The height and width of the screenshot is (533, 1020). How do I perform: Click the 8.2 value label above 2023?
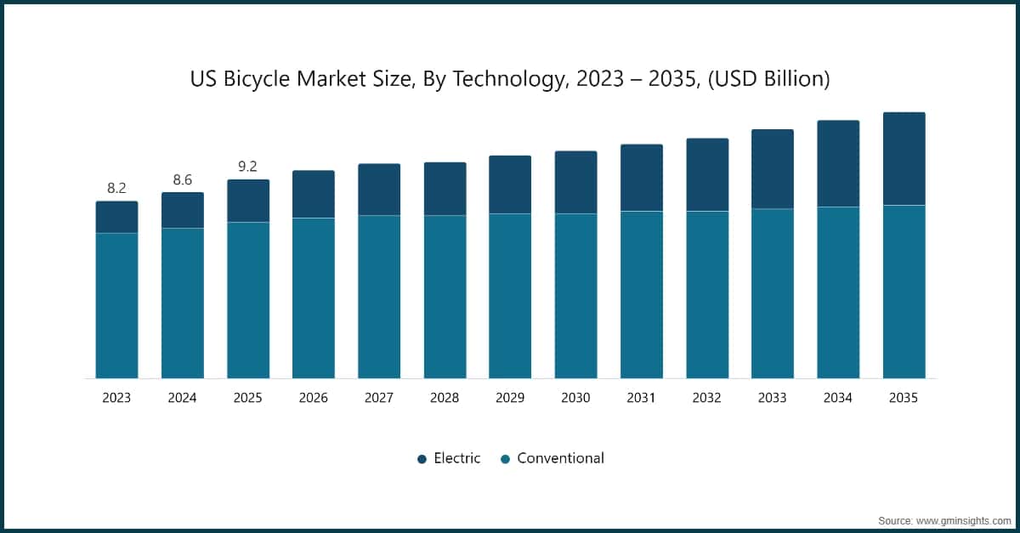tap(116, 188)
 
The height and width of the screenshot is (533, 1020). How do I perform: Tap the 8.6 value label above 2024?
tap(183, 179)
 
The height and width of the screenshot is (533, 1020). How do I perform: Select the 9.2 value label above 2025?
tap(247, 167)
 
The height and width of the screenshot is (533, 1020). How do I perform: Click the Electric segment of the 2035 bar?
tap(904, 159)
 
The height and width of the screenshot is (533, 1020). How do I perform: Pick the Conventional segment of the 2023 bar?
tap(116, 305)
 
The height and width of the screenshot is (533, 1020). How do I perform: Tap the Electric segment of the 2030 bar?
tap(575, 183)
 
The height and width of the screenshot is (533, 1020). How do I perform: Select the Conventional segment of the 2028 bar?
tap(445, 297)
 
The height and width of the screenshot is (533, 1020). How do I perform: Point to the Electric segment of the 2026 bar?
tap(314, 195)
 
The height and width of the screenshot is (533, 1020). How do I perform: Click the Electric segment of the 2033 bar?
tap(772, 169)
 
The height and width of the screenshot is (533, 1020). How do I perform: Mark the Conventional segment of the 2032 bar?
tap(707, 294)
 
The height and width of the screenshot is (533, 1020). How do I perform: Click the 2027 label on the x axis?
tap(379, 398)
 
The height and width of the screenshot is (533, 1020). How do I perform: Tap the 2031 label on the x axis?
tap(641, 398)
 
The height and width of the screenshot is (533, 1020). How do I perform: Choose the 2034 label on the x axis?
tap(838, 398)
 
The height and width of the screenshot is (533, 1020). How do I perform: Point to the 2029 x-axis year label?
tap(510, 398)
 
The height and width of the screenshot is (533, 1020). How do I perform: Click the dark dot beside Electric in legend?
tap(422, 459)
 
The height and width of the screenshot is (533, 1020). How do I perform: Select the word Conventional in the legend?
tap(560, 458)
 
